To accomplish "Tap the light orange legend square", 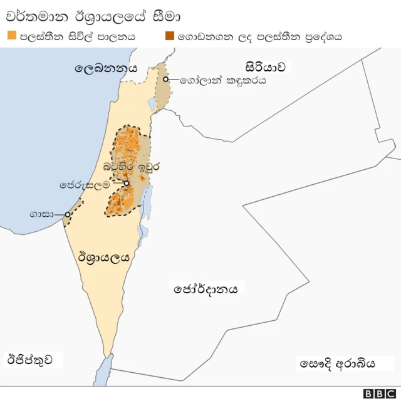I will tap(12, 36).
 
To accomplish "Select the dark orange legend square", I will tap(170, 36).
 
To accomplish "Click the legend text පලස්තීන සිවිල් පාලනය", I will tap(77, 36).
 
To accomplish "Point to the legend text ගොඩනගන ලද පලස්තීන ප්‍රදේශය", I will tap(259, 36).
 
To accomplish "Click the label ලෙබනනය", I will tap(105, 68).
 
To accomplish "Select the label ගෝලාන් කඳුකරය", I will tap(222, 81).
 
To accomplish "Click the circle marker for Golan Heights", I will tap(166, 80).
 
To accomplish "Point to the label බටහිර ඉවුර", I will tap(132, 168).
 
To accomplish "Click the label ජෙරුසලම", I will tap(85, 185).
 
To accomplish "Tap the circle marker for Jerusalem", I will tap(127, 184).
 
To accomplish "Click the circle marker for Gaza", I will tap(67, 215).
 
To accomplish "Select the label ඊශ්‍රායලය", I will tap(104, 257).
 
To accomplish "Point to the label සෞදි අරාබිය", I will tap(337, 363).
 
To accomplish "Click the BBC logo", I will tap(378, 393).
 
